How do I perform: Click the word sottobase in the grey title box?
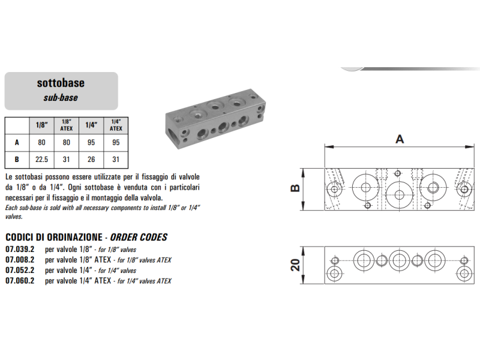(x=61, y=83)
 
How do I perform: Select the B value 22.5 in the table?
(x=41, y=160)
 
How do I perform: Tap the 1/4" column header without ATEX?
(x=91, y=125)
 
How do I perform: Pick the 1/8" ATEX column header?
(x=67, y=125)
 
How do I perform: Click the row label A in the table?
(x=17, y=143)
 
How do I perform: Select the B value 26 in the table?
(x=91, y=160)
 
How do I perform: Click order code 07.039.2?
(x=20, y=249)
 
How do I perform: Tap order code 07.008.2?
(x=20, y=260)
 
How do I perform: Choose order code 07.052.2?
(x=20, y=271)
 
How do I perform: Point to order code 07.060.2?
(x=20, y=281)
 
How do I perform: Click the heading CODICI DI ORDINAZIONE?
(x=54, y=237)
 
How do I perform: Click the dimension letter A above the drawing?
(x=400, y=139)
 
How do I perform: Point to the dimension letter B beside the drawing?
(x=295, y=188)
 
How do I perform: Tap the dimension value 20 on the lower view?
(x=295, y=265)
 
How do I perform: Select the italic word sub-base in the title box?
(x=61, y=98)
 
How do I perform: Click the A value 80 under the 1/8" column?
(x=41, y=143)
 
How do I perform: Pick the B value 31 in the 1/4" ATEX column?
(x=116, y=160)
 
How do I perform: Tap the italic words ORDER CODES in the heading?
(x=139, y=237)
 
